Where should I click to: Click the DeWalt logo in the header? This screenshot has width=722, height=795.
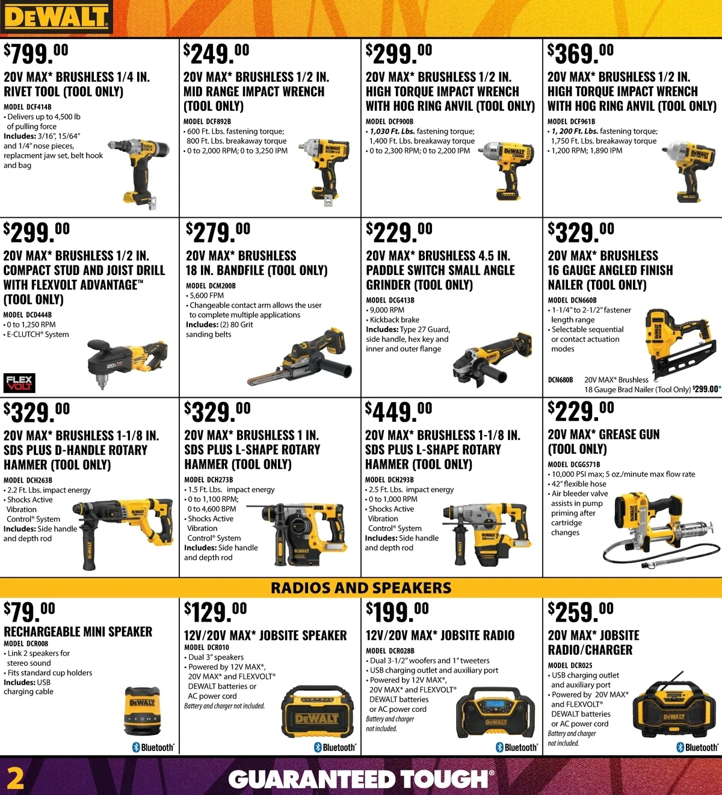pyautogui.click(x=57, y=17)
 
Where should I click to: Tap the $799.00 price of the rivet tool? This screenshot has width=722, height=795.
pyautogui.click(x=36, y=54)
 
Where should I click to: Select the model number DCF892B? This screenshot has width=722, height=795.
pyautogui.click(x=207, y=122)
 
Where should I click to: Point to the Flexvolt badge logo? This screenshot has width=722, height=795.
pyautogui.click(x=19, y=382)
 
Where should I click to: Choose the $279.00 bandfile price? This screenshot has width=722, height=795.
pyautogui.click(x=218, y=233)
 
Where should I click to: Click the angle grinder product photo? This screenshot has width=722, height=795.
pyautogui.click(x=492, y=359)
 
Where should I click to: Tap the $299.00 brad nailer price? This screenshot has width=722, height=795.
pyautogui.click(x=706, y=389)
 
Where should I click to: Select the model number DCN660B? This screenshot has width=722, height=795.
pyautogui.click(x=572, y=300)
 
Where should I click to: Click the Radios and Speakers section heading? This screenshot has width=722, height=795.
pyautogui.click(x=361, y=588)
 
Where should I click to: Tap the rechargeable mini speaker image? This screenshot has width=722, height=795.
pyautogui.click(x=143, y=711)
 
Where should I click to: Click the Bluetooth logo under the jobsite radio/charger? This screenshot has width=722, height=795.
pyautogui.click(x=697, y=747)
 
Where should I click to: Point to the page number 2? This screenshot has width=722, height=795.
pyautogui.click(x=15, y=779)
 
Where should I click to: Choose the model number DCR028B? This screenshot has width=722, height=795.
pyautogui.click(x=390, y=651)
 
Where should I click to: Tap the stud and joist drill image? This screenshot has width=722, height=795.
pyautogui.click(x=128, y=363)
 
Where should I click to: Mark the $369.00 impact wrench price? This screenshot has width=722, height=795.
pyautogui.click(x=581, y=54)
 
